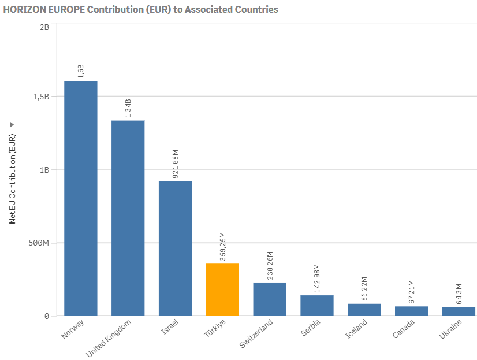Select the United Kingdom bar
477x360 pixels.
click(128, 218)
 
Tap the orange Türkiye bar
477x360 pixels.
click(222, 290)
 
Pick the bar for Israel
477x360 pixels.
click(175, 248)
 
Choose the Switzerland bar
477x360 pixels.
click(270, 299)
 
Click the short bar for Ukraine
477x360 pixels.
click(459, 311)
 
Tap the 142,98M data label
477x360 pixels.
click(318, 278)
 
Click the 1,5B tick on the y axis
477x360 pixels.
click(40, 97)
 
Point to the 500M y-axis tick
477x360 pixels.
click(38, 243)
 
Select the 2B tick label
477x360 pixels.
click(44, 27)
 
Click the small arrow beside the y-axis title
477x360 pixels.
click(12, 125)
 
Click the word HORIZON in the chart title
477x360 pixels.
click(23, 9)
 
